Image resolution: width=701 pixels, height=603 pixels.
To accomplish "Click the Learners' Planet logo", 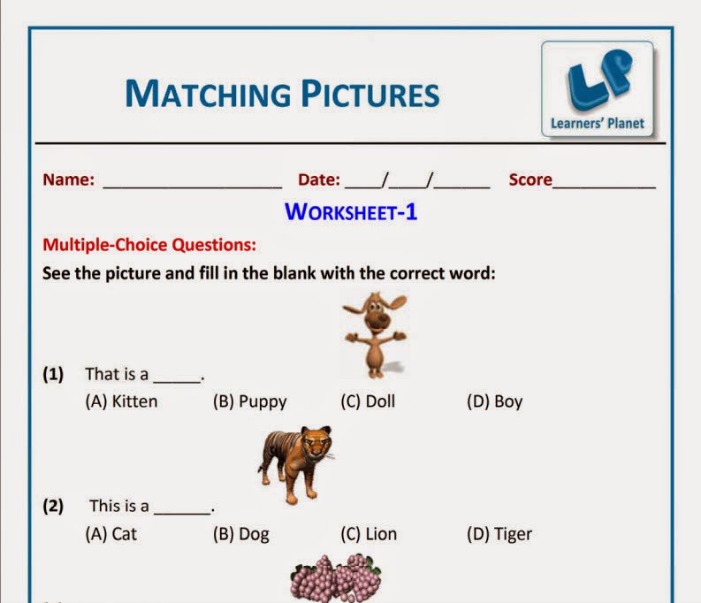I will pyautogui.click(x=598, y=90).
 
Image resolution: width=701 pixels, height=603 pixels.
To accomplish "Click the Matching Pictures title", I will pyautogui.click(x=282, y=94).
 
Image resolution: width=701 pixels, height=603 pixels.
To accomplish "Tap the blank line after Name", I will pyautogui.click(x=193, y=184).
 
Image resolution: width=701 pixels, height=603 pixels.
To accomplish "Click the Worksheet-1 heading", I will pyautogui.click(x=351, y=212).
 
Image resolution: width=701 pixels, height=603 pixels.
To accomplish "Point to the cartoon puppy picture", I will pyautogui.click(x=375, y=335).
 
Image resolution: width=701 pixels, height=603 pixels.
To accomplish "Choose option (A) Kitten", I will pyautogui.click(x=121, y=401).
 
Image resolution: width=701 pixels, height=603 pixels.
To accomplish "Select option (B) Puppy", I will pyautogui.click(x=249, y=401).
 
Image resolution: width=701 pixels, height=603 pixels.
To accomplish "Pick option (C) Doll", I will pyautogui.click(x=368, y=401).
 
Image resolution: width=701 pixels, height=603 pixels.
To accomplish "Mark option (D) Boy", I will pyautogui.click(x=494, y=401).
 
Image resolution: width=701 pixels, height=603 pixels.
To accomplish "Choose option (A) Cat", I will pyautogui.click(x=111, y=534).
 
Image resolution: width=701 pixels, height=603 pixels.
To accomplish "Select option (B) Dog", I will pyautogui.click(x=240, y=534).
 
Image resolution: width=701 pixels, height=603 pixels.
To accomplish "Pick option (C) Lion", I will pyautogui.click(x=369, y=534).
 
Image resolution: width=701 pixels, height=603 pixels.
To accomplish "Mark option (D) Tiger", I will pyautogui.click(x=499, y=534).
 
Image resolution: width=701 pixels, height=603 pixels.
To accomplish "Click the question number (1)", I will pyautogui.click(x=54, y=374).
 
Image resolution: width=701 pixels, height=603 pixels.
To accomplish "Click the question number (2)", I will pyautogui.click(x=54, y=507).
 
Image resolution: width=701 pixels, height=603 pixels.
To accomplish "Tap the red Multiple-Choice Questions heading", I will pyautogui.click(x=149, y=244).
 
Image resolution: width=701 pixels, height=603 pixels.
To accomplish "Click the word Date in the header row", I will pyautogui.click(x=318, y=179).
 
